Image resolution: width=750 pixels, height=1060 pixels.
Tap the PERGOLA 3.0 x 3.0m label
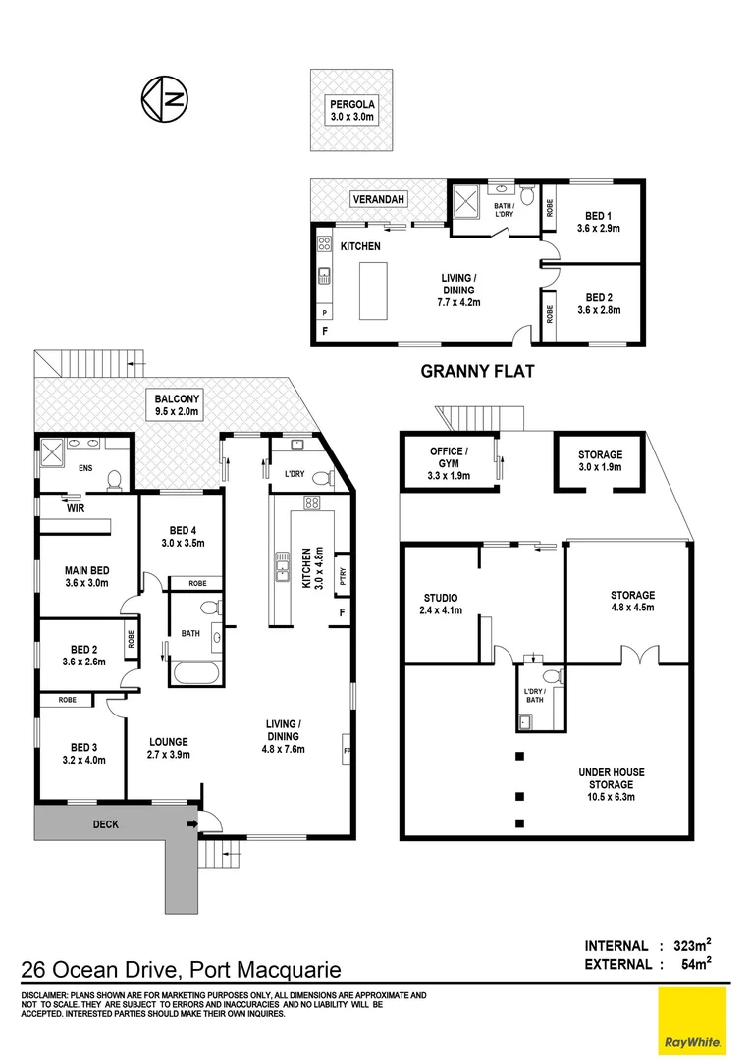351,111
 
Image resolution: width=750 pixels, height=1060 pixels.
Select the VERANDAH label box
378,201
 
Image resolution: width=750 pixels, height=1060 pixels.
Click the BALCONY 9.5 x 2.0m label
177,405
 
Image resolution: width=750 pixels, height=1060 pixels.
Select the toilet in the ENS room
114,479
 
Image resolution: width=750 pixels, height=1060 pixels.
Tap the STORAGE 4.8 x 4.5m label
632,601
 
